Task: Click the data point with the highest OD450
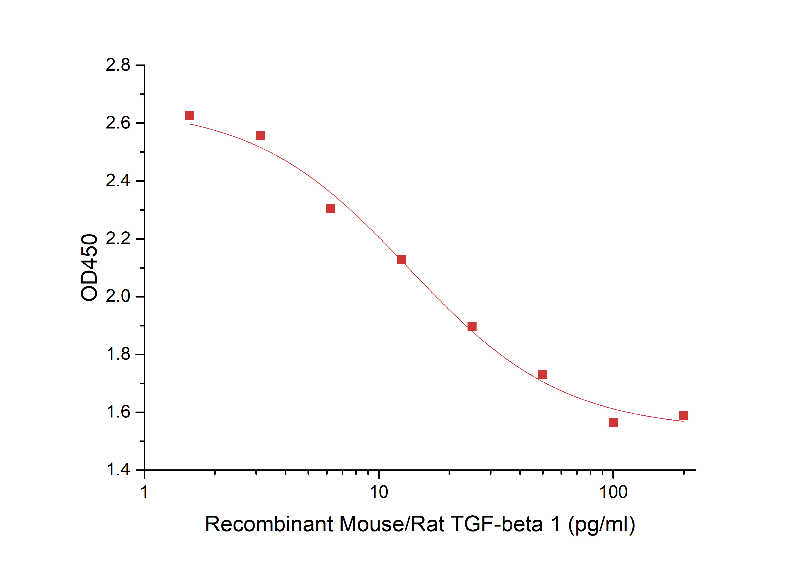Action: click(189, 116)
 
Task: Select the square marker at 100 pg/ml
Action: click(613, 422)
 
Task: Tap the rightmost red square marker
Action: click(684, 416)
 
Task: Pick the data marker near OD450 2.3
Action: click(331, 209)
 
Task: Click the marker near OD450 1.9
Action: click(472, 326)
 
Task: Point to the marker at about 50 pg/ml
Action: click(543, 375)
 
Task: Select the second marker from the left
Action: click(260, 135)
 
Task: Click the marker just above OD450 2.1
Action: click(401, 260)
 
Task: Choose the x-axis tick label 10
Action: click(379, 492)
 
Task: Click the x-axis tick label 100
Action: click(613, 492)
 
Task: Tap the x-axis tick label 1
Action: click(144, 492)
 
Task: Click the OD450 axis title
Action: click(89, 267)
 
